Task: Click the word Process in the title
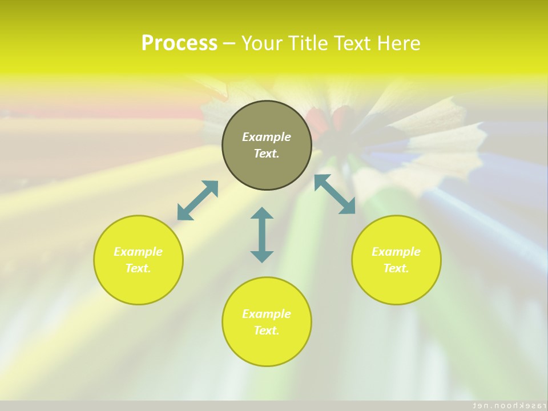coord(179,43)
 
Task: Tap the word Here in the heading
coord(398,43)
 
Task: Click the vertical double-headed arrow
coord(262,235)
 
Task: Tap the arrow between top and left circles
coord(198,200)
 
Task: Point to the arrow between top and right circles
coord(335,194)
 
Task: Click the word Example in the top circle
coord(267,137)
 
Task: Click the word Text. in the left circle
coord(138,268)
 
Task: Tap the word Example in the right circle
coord(396,252)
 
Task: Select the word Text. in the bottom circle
coord(267,331)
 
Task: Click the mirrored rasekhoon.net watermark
coord(506,405)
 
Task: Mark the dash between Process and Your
coord(229,43)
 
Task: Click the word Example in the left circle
coord(138,252)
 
